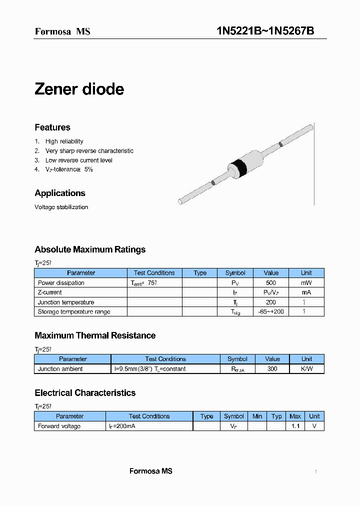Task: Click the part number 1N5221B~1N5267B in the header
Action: coord(265,31)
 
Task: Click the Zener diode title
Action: coord(79,89)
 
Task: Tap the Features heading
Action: coord(52,127)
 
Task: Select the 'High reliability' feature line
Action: coord(64,141)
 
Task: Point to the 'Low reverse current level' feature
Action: coord(78,160)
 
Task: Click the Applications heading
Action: coord(60,193)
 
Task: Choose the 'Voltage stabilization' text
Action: coord(61,207)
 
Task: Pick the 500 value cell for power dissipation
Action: coord(271,283)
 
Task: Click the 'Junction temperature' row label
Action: coord(66,302)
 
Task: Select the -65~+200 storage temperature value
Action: coord(271,312)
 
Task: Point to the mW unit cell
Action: coord(306,283)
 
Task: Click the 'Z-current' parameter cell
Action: coord(50,292)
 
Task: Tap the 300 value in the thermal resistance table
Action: coord(272,369)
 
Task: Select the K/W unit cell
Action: coord(306,369)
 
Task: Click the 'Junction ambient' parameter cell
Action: coord(60,369)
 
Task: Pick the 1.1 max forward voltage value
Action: coord(295,426)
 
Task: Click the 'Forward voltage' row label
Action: coord(59,426)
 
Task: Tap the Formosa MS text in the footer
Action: coord(150,471)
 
